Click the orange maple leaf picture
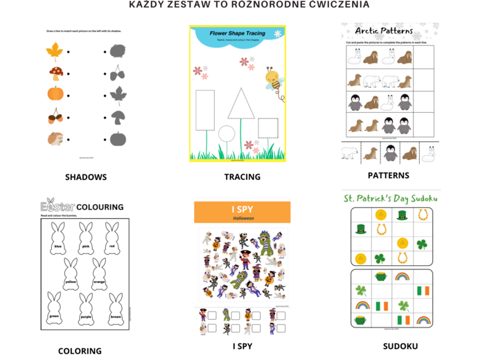coord(54,51)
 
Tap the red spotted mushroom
coord(55,72)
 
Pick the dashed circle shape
coord(226,134)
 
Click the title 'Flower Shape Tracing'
coord(238,33)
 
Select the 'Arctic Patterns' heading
coord(384,31)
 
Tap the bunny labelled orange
coord(99,273)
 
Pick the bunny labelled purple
coord(87,309)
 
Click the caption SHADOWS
coord(86,177)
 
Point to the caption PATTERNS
coord(388,176)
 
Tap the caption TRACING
coord(242,177)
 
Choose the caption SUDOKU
coord(400,345)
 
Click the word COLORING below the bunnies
coord(80,351)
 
